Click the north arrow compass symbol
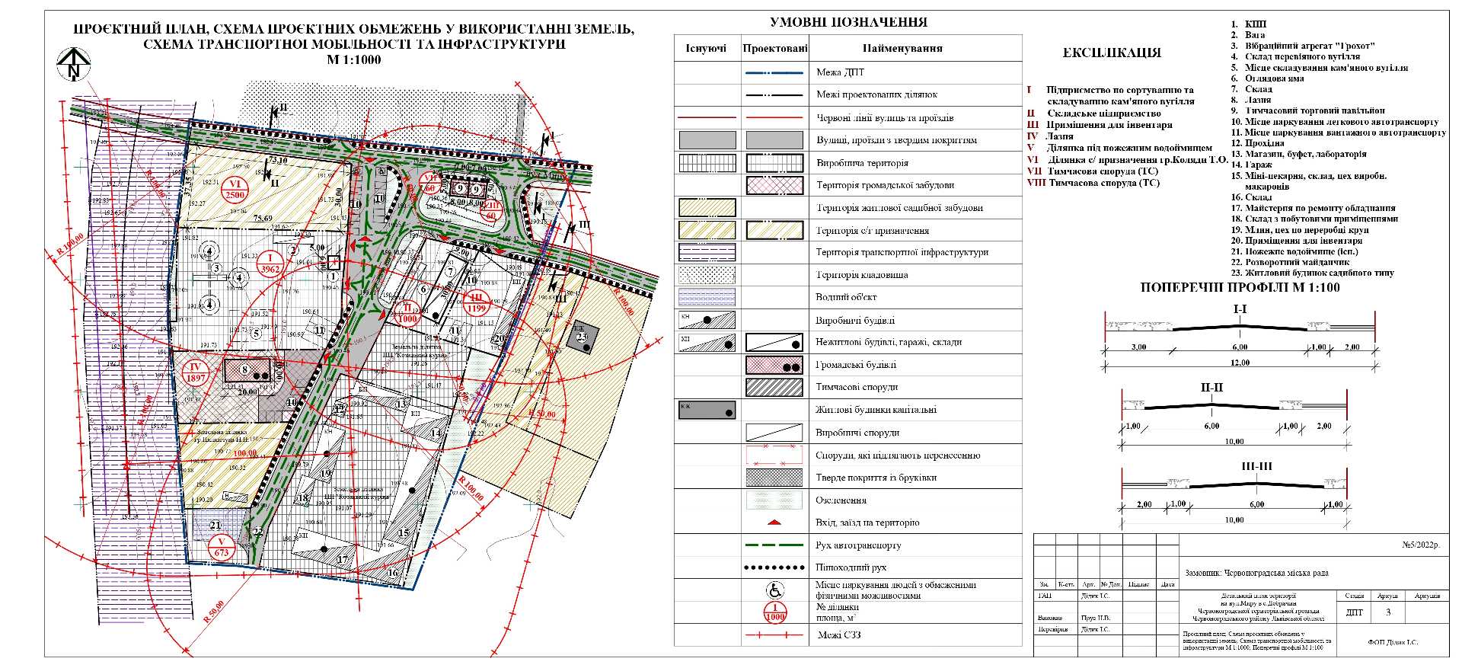pyautogui.click(x=74, y=64)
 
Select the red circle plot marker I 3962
pyautogui.click(x=270, y=264)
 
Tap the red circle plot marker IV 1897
pyautogui.click(x=196, y=372)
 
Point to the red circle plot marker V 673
pyautogui.click(x=222, y=547)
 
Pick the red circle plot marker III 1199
pyautogui.click(x=477, y=302)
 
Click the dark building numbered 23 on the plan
pyautogui.click(x=583, y=336)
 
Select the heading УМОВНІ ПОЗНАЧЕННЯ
pyautogui.click(x=848, y=22)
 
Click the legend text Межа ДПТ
pyautogui.click(x=840, y=72)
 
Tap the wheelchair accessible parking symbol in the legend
pyautogui.click(x=774, y=590)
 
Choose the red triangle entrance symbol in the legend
pyautogui.click(x=774, y=523)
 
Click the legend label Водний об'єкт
pyautogui.click(x=846, y=297)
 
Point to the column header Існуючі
pyautogui.click(x=706, y=48)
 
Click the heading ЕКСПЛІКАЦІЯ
pyautogui.click(x=1111, y=53)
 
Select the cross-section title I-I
pyautogui.click(x=1240, y=309)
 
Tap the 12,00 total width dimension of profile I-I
pyautogui.click(x=1240, y=363)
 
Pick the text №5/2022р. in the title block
pyautogui.click(x=1421, y=545)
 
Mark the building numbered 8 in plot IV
pyautogui.click(x=245, y=370)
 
